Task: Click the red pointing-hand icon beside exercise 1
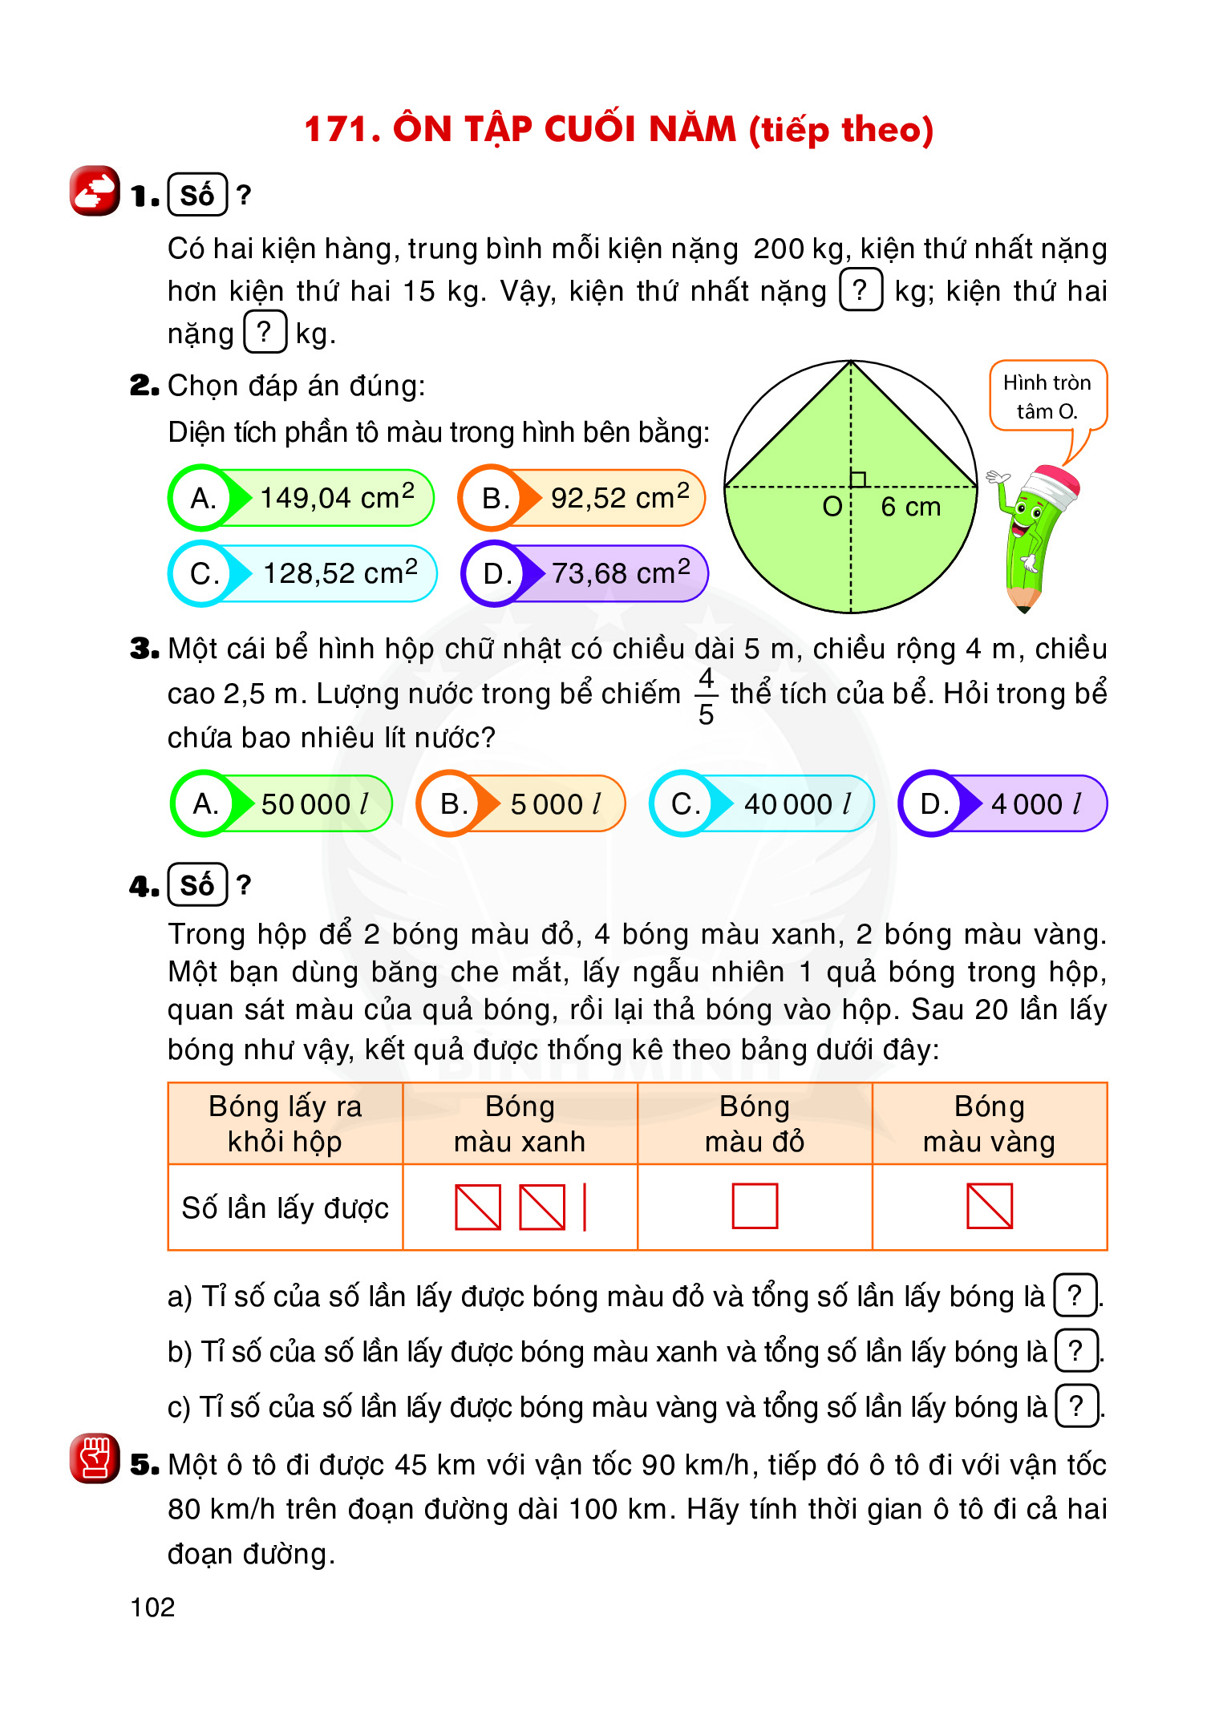coord(95,191)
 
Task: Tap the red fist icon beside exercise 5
coord(95,1458)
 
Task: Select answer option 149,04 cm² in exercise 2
coord(302,498)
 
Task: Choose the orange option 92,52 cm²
coord(582,498)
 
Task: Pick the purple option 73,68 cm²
coord(585,573)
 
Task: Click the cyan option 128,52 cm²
coord(303,573)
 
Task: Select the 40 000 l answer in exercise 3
coord(762,803)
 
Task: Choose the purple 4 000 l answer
coord(1003,803)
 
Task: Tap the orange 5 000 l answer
coord(521,803)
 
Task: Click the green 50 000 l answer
coord(282,803)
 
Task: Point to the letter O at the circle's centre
coord(832,507)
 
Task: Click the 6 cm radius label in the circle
coord(910,507)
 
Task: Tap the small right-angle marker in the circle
coord(858,479)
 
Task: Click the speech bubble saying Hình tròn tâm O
coord(1047,396)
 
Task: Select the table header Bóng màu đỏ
coord(755,1123)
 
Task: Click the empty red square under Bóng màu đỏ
coord(755,1206)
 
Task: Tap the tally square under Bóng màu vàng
coord(990,1206)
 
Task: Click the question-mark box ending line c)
coord(1076,1406)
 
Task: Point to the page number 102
coord(152,1608)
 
